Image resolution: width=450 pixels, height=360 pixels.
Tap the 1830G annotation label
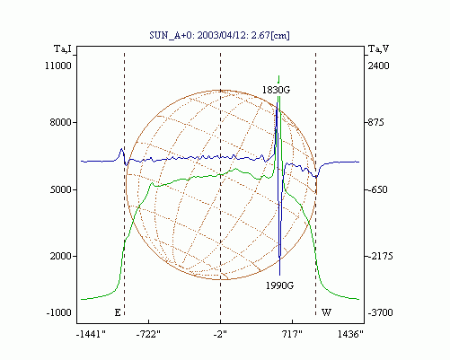[x=276, y=90]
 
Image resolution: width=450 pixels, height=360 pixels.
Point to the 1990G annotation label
[x=279, y=285]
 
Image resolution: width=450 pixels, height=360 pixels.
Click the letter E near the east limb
[x=118, y=312]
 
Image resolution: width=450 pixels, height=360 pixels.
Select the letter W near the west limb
[x=326, y=312]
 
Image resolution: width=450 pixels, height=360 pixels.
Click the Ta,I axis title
[x=63, y=48]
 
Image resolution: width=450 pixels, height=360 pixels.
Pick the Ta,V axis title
[x=378, y=48]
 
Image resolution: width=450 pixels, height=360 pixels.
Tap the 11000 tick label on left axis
[x=58, y=66]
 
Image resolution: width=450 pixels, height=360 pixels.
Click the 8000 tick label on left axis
[x=61, y=122]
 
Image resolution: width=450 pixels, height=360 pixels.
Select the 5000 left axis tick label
[x=61, y=189]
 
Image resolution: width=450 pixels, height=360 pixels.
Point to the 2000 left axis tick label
[x=61, y=256]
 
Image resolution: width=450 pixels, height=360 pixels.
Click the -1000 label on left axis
[x=59, y=312]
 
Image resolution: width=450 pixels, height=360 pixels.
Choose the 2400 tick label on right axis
[x=378, y=66]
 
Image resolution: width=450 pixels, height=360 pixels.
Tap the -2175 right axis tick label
[x=380, y=256]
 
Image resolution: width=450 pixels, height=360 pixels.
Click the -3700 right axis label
[x=380, y=312]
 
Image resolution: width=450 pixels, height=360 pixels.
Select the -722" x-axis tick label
[x=148, y=334]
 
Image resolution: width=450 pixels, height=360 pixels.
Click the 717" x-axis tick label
[x=292, y=334]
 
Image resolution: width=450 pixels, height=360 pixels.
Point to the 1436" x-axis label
[x=350, y=334]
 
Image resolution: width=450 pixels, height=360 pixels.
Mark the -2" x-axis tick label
[x=220, y=334]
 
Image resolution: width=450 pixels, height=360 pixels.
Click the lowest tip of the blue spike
[x=280, y=275]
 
